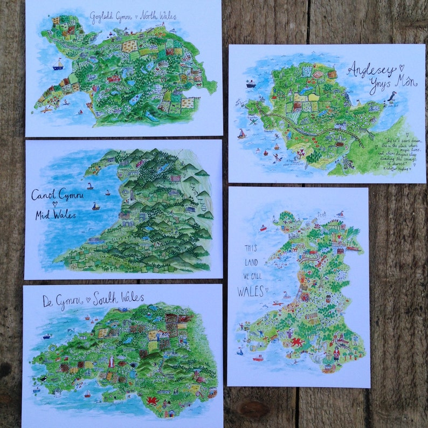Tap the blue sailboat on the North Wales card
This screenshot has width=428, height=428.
pyautogui.click(x=58, y=65)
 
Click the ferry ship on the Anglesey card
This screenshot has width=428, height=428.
pyautogui.click(x=251, y=84)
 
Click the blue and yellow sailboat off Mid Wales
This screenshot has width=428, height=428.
pyautogui.click(x=95, y=206)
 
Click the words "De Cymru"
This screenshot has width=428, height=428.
pyautogui.click(x=60, y=301)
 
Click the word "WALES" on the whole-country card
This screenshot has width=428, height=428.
pyautogui.click(x=250, y=292)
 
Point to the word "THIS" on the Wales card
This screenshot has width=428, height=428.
pyautogui.click(x=251, y=250)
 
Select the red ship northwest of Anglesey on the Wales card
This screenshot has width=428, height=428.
pyautogui.click(x=263, y=227)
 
